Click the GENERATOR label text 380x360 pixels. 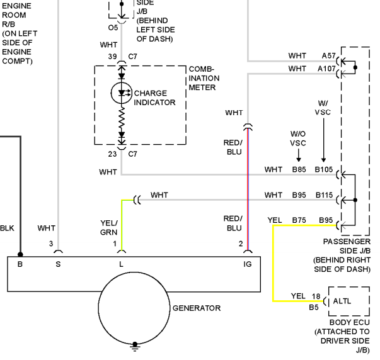[197, 308]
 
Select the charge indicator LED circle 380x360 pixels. [122, 93]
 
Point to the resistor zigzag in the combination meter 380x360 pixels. [122, 119]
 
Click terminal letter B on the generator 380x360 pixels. [20, 264]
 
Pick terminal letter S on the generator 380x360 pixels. [58, 264]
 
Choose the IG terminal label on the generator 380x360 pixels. [248, 264]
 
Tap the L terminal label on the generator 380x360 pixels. [121, 264]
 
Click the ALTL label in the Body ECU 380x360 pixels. [342, 301]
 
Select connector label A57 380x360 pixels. [328, 55]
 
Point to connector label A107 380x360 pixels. [326, 69]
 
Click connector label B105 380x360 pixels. [324, 169]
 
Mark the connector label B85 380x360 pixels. [299, 169]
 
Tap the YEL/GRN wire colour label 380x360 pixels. [109, 228]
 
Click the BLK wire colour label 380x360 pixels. [7, 228]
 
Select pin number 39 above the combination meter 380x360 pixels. [112, 57]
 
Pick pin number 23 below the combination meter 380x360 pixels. [112, 154]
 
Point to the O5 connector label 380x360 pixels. [113, 28]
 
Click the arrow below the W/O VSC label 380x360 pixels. [299, 155]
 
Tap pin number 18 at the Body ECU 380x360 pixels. [316, 296]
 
